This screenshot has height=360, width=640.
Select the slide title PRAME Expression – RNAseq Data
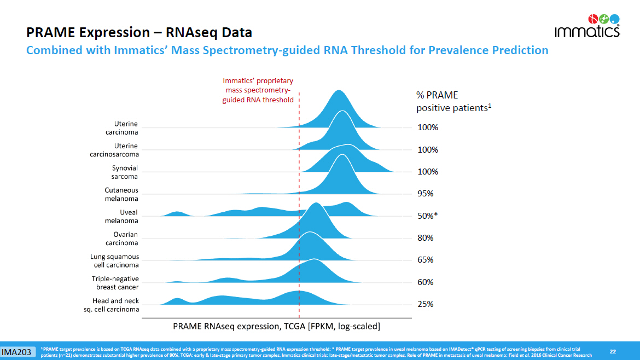tap(139, 32)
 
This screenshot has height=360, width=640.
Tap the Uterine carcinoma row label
tap(121, 127)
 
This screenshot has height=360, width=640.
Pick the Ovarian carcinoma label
tap(121, 239)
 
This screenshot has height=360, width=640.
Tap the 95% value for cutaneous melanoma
tap(426, 194)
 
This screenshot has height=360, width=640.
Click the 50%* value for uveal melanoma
tap(428, 216)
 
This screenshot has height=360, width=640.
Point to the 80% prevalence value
tap(426, 238)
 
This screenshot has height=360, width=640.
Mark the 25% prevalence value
tap(426, 304)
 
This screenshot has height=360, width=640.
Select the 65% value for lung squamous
tap(426, 260)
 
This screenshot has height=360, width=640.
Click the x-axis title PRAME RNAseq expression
tap(276, 326)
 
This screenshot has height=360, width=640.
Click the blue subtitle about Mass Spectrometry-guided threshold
tap(287, 51)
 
